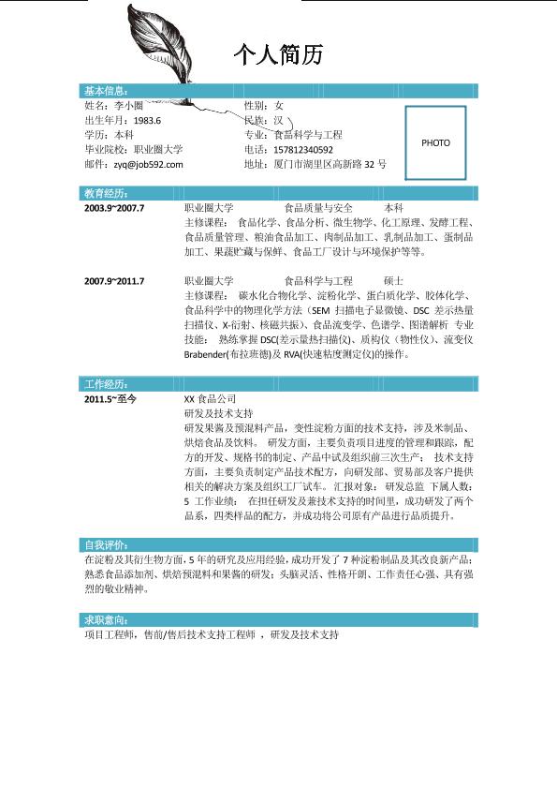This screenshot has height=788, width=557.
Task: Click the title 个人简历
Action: pyautogui.click(x=278, y=56)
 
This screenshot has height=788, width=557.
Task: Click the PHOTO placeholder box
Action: pyautogui.click(x=435, y=142)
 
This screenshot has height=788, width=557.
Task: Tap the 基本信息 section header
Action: pyautogui.click(x=105, y=91)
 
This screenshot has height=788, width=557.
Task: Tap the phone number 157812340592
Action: pyautogui.click(x=302, y=150)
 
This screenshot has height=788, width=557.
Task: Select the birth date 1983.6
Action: pyautogui.click(x=148, y=121)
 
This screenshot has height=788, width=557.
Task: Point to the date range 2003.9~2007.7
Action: pyautogui.click(x=114, y=208)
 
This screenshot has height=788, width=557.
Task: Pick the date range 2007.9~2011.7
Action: pyautogui.click(x=114, y=281)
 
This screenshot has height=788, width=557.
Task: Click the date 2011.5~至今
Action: pyautogui.click(x=110, y=399)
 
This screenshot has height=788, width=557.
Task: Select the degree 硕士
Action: pyautogui.click(x=394, y=281)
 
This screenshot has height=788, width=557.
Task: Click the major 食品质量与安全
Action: pyautogui.click(x=318, y=208)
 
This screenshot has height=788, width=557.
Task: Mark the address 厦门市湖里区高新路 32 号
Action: pyautogui.click(x=327, y=165)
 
